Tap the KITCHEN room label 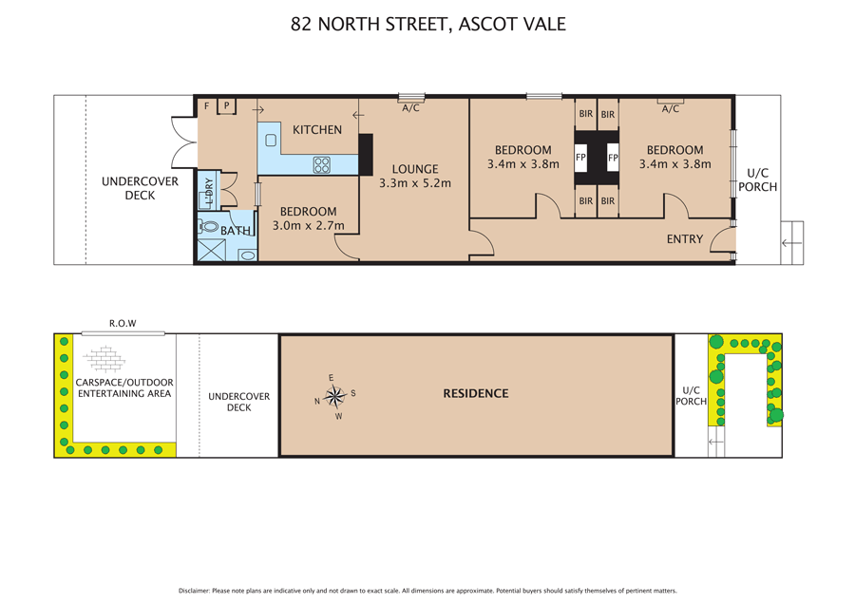point(316,130)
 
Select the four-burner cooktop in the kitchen point(322,165)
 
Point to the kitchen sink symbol point(271,141)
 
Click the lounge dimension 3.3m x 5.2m point(414,183)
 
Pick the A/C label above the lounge point(410,108)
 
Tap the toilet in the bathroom point(210,228)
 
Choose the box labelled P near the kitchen point(227,106)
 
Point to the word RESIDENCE point(475,393)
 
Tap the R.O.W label point(123,323)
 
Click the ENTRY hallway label point(684,239)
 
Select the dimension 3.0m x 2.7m point(309,226)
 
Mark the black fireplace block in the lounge point(366,154)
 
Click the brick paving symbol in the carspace point(104,359)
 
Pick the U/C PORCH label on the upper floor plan point(758,179)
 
